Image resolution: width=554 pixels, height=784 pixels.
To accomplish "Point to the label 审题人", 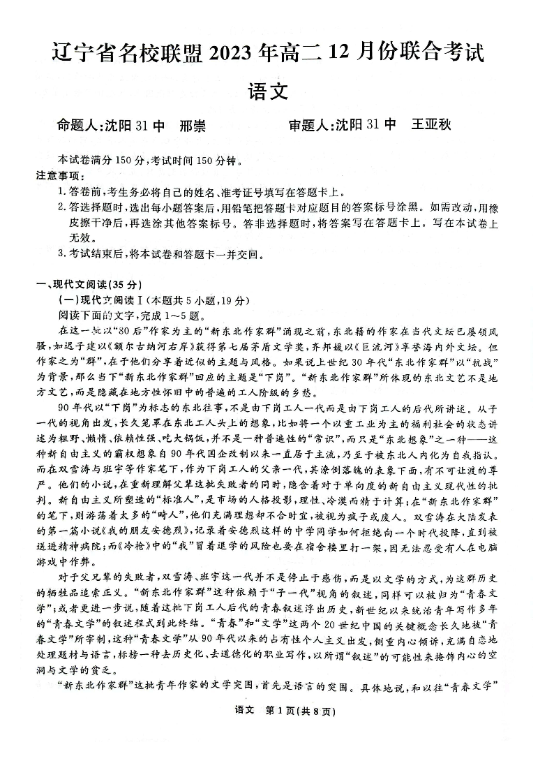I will tap(310, 126).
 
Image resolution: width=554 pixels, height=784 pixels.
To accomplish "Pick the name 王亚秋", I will tap(431, 126).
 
